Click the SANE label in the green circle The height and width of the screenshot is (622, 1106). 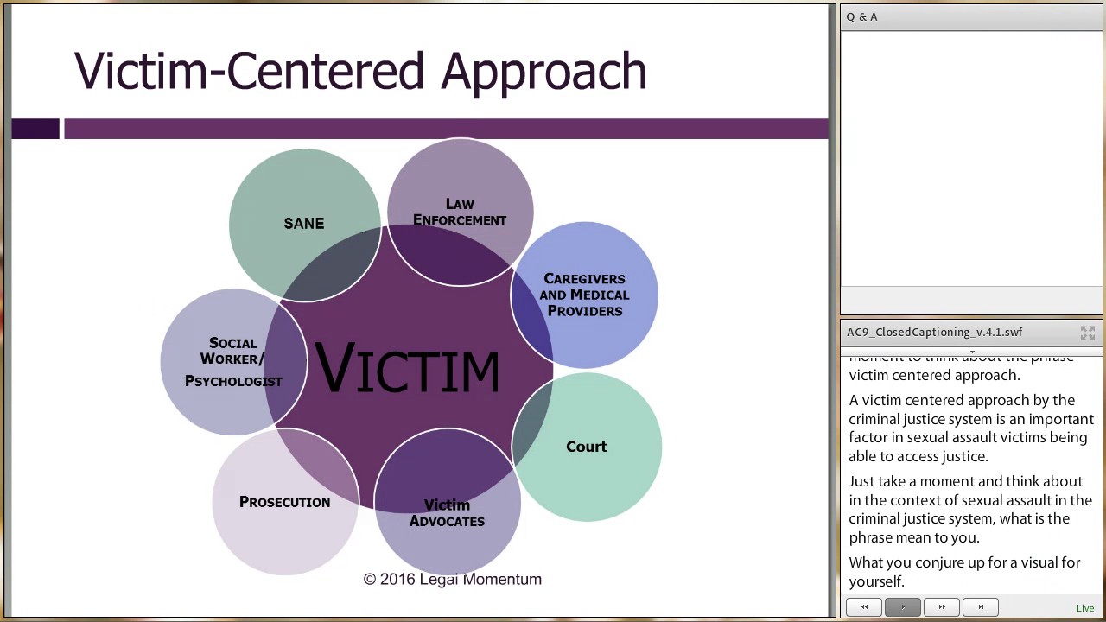[x=303, y=224]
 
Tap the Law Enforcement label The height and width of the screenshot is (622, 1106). [x=460, y=212]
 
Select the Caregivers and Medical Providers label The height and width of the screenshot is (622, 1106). [x=584, y=295]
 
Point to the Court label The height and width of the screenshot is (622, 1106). [x=587, y=447]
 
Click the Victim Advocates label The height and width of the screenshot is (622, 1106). [x=447, y=512]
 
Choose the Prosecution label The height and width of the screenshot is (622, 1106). [x=284, y=502]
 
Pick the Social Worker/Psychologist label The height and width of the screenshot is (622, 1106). [x=233, y=362]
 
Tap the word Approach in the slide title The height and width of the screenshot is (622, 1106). [x=543, y=71]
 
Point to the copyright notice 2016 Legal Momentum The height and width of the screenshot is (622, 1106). [x=452, y=580]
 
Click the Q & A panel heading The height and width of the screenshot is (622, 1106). [x=862, y=17]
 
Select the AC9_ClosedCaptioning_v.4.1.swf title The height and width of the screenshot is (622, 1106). [x=934, y=332]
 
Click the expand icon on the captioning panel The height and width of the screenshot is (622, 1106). [x=1087, y=333]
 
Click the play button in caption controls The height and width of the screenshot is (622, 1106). [x=903, y=607]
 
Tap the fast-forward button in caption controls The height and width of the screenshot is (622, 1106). [x=942, y=607]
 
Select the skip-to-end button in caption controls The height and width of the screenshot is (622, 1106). [x=981, y=607]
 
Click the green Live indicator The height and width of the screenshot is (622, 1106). [x=1085, y=608]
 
